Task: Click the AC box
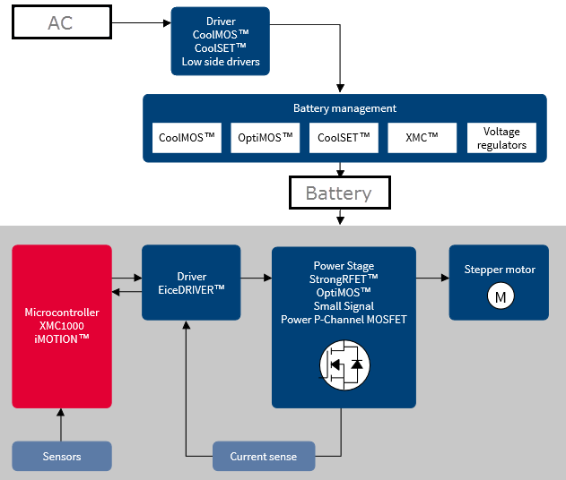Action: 62,23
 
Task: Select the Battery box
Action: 338,193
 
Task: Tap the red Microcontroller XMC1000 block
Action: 62,326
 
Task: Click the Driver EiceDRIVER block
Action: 191,282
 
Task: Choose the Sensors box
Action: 62,457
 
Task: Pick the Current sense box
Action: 264,457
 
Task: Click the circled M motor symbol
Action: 498,296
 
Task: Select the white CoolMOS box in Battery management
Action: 187,138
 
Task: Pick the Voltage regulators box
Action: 501,138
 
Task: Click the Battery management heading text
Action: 344,108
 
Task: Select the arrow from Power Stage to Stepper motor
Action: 432,279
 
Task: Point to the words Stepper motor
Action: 500,270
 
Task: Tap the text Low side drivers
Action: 221,62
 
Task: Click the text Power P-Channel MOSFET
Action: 344,319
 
